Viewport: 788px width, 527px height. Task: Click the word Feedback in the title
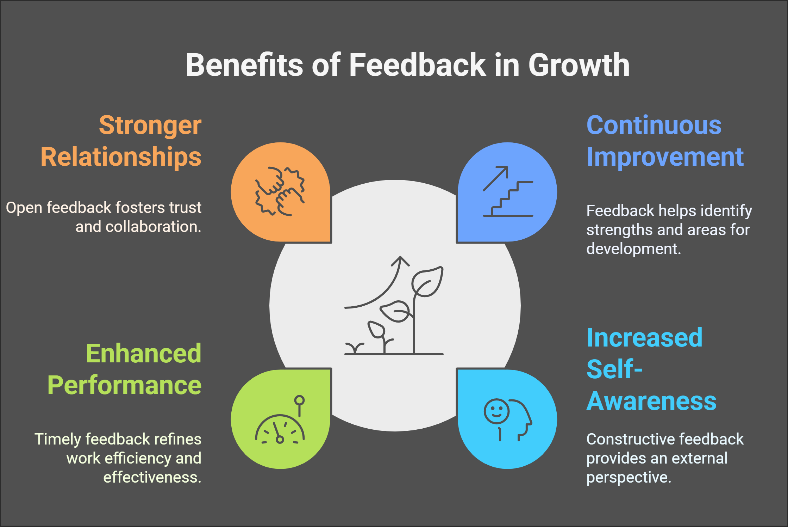coord(417,65)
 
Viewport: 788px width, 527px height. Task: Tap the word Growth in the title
coord(579,65)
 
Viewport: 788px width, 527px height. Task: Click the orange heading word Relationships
coord(121,157)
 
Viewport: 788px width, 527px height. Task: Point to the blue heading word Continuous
coord(654,125)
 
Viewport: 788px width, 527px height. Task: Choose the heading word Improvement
coord(665,157)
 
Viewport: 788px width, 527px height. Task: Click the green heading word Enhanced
coord(144,353)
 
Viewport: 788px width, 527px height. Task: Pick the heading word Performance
coord(124,385)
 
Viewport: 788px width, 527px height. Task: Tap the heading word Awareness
coord(651,401)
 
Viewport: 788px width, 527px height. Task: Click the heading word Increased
coord(644,338)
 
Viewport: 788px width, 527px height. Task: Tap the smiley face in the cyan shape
coord(496,411)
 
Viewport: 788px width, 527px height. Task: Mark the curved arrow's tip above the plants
coord(400,256)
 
